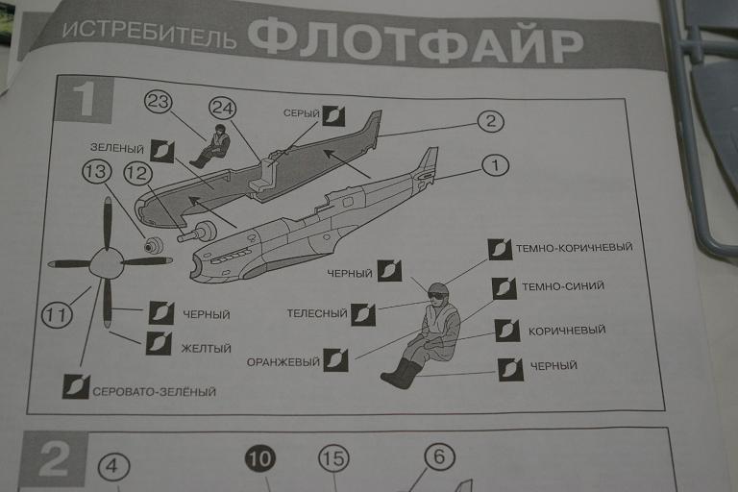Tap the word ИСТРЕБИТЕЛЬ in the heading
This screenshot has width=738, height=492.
point(149,34)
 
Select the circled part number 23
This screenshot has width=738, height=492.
point(159,102)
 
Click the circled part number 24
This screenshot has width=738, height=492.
point(222,109)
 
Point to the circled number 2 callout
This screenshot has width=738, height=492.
point(490,121)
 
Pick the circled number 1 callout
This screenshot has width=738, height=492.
point(495,165)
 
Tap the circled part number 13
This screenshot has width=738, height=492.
point(96,172)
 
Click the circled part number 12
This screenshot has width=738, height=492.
point(137,174)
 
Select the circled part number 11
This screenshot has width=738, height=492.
point(57,314)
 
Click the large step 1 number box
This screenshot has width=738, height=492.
point(86,99)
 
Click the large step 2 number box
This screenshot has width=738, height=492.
point(55,460)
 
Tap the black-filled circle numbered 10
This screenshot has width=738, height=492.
point(259,459)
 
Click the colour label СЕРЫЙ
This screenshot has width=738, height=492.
point(301,113)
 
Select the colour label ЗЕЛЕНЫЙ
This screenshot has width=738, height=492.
point(116,148)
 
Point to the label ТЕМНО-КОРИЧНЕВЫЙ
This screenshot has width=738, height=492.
point(575,248)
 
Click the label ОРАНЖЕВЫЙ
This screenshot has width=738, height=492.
point(283,362)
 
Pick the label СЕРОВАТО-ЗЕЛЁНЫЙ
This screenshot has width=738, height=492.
point(154,392)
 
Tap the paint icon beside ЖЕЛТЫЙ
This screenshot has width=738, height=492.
point(159,344)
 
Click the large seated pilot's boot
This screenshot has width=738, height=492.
point(399,374)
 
